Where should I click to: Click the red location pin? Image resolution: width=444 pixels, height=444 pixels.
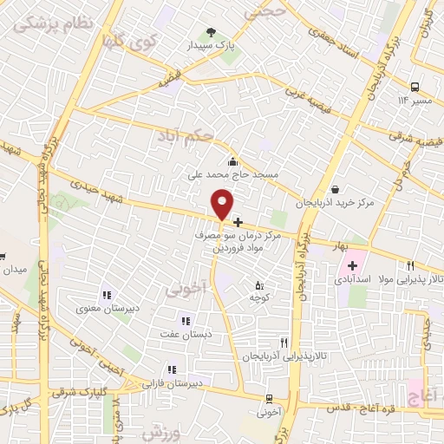tap(223, 204)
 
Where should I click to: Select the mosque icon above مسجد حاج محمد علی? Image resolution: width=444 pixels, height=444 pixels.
tap(232, 161)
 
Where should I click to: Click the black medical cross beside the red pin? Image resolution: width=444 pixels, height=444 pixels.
tap(238, 222)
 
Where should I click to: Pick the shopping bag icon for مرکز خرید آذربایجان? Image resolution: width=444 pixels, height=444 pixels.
tap(335, 190)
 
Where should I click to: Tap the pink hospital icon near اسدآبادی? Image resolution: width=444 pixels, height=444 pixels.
tap(353, 265)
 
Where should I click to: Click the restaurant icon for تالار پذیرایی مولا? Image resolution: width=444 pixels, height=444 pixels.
tap(411, 267)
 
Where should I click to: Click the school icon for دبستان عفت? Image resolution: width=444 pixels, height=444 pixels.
tap(183, 320)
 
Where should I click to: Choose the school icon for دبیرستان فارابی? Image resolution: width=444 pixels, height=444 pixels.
tap(172, 369)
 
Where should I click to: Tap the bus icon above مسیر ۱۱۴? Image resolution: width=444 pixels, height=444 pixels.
tap(415, 87)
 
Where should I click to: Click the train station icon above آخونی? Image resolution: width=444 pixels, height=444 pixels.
tap(271, 399)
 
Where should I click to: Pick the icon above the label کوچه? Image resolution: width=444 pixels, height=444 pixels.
tap(258, 285)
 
